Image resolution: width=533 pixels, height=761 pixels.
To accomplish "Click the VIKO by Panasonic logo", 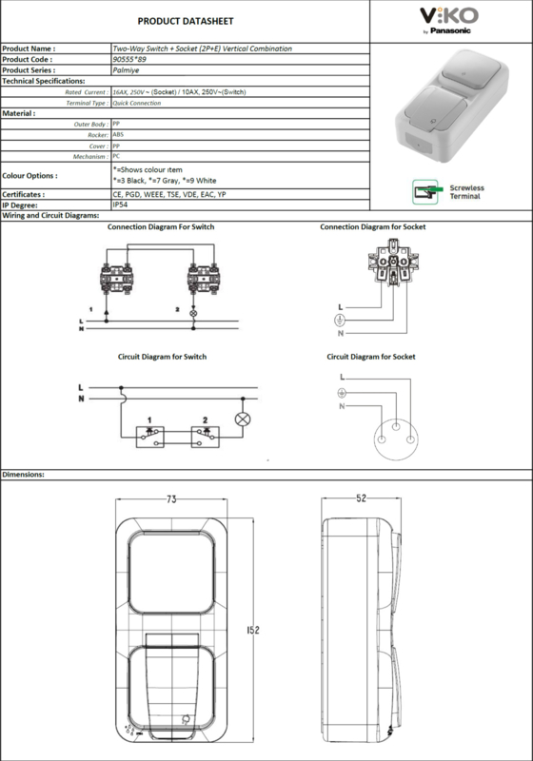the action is [x=449, y=21].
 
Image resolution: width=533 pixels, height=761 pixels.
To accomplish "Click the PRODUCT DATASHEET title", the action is [x=186, y=21].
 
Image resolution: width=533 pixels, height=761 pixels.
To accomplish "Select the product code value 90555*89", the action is [x=129, y=59].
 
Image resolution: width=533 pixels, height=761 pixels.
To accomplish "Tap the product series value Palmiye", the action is [x=126, y=69].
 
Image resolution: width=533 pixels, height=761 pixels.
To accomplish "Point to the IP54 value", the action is [x=120, y=205].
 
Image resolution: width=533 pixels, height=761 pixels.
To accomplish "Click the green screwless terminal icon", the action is [x=426, y=192].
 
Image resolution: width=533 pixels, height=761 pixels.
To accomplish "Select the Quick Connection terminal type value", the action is [x=136, y=103].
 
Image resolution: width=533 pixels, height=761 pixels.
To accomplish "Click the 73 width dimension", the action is [x=171, y=499].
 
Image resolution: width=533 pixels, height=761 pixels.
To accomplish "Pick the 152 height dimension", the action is [x=253, y=630].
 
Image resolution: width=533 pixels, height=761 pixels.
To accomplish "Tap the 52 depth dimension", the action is [x=361, y=498].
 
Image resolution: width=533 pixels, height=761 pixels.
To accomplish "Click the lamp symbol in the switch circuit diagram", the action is [x=243, y=420].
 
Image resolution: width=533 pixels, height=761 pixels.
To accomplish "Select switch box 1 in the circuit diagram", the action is [x=150, y=437].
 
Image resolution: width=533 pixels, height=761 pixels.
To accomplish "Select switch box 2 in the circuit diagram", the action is [x=206, y=437].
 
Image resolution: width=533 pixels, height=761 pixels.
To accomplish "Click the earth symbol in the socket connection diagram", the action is [x=340, y=320].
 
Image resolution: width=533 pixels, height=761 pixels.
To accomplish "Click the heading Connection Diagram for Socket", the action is [x=373, y=226].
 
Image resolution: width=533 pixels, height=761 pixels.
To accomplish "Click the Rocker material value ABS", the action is [x=118, y=134].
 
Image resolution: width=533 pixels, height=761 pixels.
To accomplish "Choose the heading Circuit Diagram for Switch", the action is [x=162, y=357].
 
